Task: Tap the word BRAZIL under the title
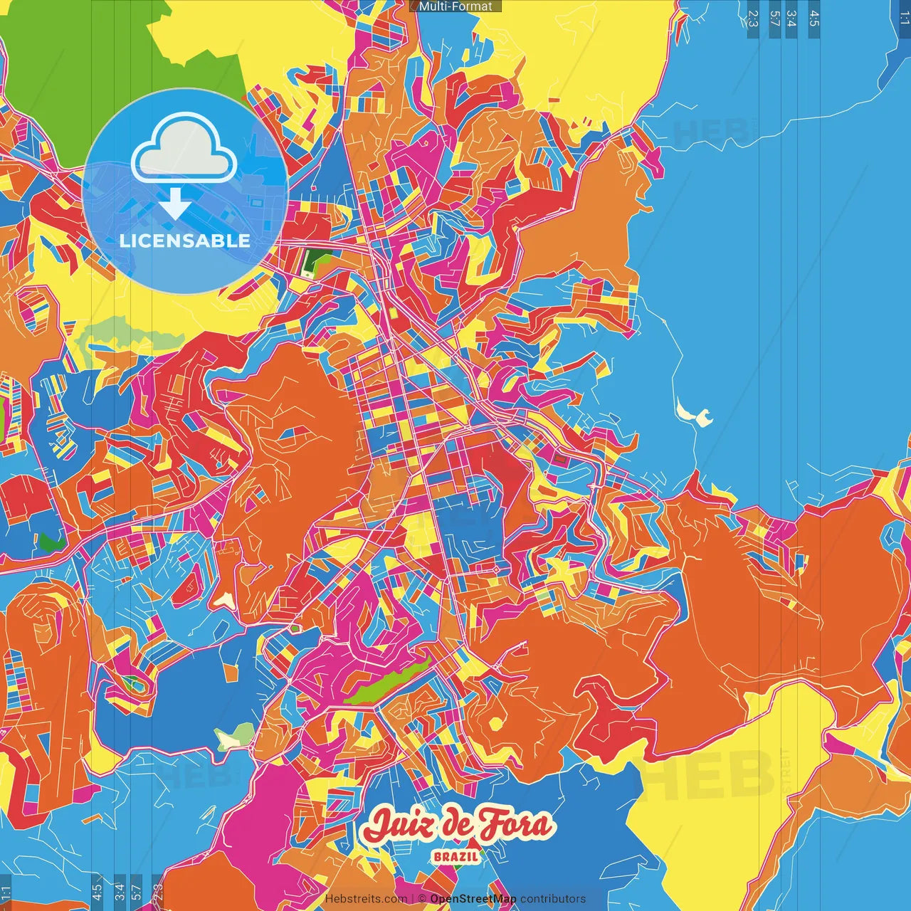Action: coord(456,856)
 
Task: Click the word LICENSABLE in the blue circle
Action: coord(185,241)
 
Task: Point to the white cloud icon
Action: coord(184,148)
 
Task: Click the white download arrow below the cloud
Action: coord(174,204)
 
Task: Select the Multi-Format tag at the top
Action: coord(455,6)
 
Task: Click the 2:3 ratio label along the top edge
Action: coord(752,19)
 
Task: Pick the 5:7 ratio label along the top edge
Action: coord(774,19)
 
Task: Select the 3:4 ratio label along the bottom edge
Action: coord(120,891)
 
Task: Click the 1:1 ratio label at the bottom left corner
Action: coord(6,892)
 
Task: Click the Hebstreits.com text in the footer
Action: coord(366,899)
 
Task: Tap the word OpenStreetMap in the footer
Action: coord(473,899)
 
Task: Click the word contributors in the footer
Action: coord(553,899)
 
